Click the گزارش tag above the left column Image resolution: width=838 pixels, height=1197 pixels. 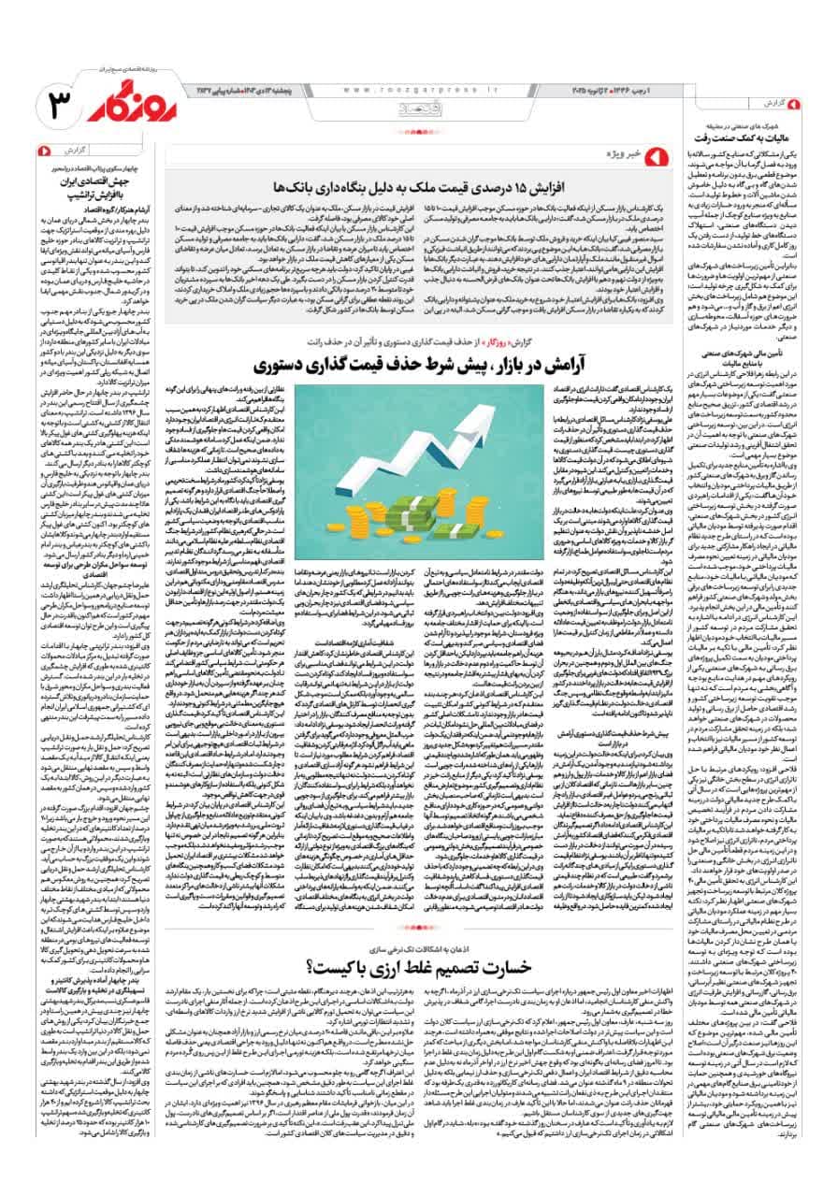74,150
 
